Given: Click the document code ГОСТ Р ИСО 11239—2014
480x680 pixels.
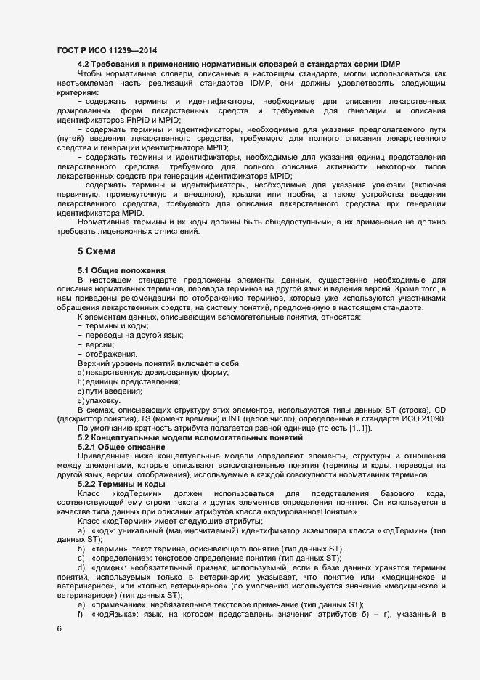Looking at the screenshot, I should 107,50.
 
